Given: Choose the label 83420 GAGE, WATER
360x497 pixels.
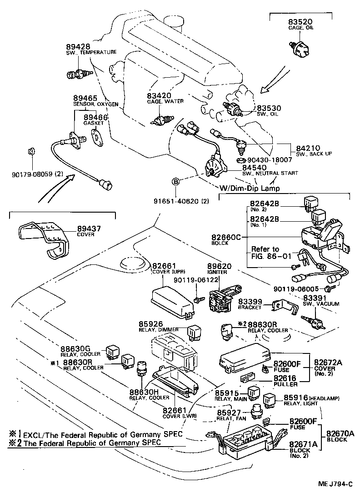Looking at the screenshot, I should (159, 95).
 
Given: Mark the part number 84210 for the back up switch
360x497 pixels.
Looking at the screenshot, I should (308, 148).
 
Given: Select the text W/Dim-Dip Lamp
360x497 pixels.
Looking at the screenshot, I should (250, 188).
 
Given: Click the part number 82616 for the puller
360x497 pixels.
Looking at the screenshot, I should (285, 378).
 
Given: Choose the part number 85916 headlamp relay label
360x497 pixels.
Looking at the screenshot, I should (295, 398).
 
